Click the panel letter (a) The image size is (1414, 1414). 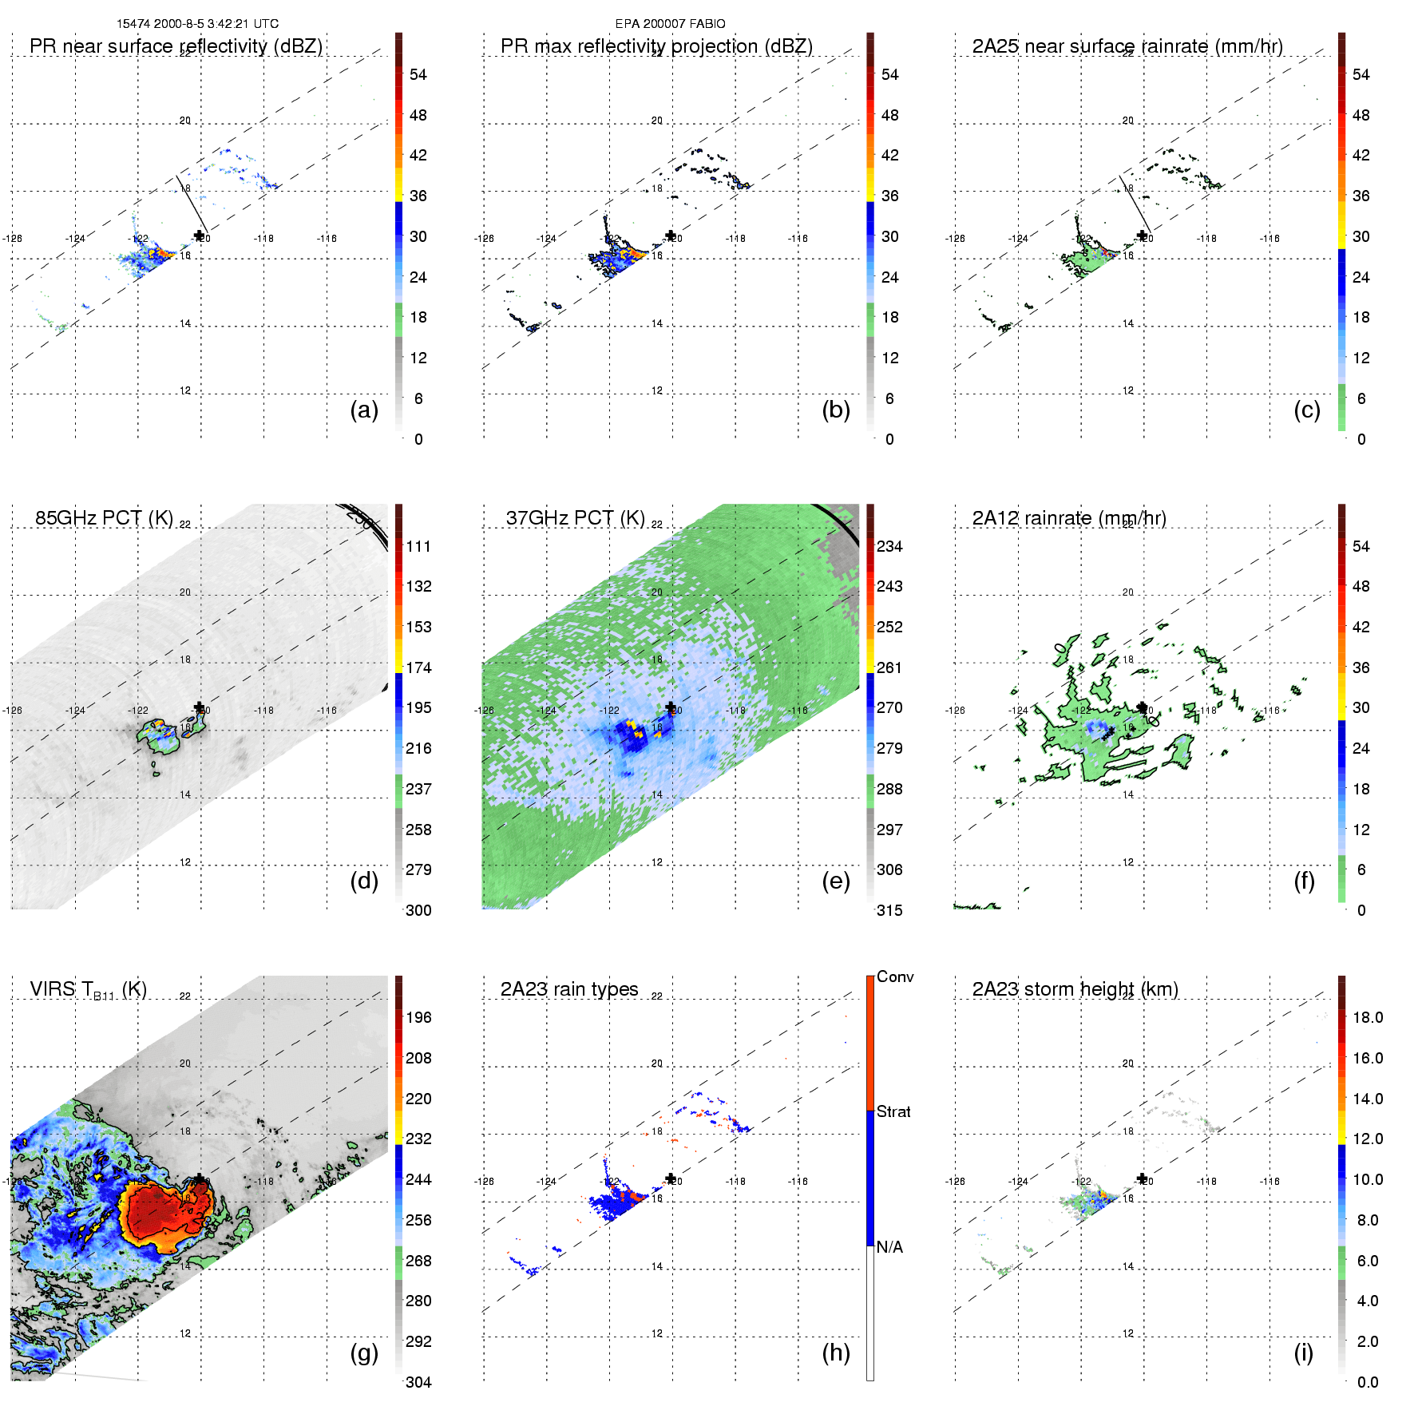pyautogui.click(x=364, y=410)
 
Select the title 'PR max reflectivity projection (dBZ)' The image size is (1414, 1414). pyautogui.click(x=656, y=46)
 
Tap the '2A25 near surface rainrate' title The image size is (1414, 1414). pyautogui.click(x=1127, y=46)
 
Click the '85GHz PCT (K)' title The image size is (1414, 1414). pyautogui.click(x=104, y=518)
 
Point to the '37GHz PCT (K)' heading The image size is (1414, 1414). pyautogui.click(x=575, y=518)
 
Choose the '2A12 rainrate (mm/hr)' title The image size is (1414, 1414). pyautogui.click(x=1069, y=518)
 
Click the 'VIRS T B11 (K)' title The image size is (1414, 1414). pyautogui.click(x=88, y=990)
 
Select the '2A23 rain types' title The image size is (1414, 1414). pyautogui.click(x=569, y=989)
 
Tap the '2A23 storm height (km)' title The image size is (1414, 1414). pyautogui.click(x=1075, y=989)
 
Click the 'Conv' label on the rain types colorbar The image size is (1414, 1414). pyautogui.click(x=895, y=976)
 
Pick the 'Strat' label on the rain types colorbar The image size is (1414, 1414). pyautogui.click(x=893, y=1111)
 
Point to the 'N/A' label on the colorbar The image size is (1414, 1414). pyautogui.click(x=889, y=1247)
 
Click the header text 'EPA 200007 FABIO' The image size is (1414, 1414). pyautogui.click(x=670, y=24)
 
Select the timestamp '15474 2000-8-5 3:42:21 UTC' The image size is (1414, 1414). pyautogui.click(x=197, y=24)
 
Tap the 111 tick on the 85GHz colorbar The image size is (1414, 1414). pyautogui.click(x=418, y=547)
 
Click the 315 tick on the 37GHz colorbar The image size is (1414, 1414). pyautogui.click(x=889, y=910)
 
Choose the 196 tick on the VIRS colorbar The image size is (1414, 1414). pyautogui.click(x=418, y=1018)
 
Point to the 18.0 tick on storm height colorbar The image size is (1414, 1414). pyautogui.click(x=1368, y=1018)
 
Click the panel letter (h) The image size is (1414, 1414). pyautogui.click(x=836, y=1353)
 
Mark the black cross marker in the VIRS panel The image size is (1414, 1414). pyautogui.click(x=199, y=1179)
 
